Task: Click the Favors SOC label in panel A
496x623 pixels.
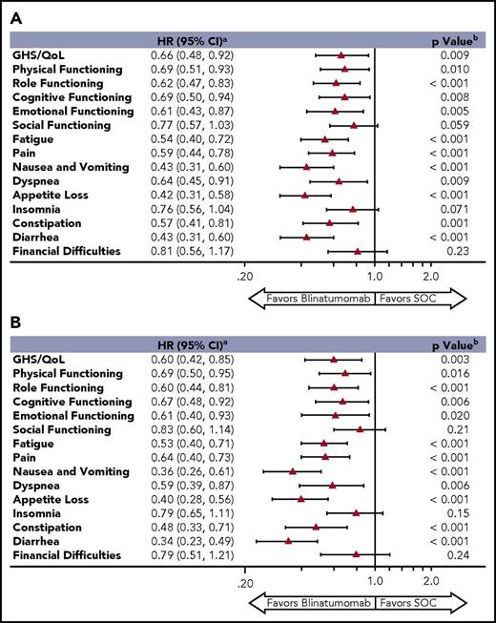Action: pos(411,298)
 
